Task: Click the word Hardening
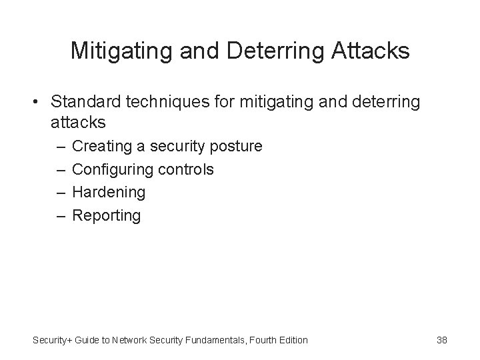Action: [109, 193]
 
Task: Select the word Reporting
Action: [107, 216]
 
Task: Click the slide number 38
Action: [442, 340]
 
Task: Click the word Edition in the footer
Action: [291, 340]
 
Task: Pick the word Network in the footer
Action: [131, 340]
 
